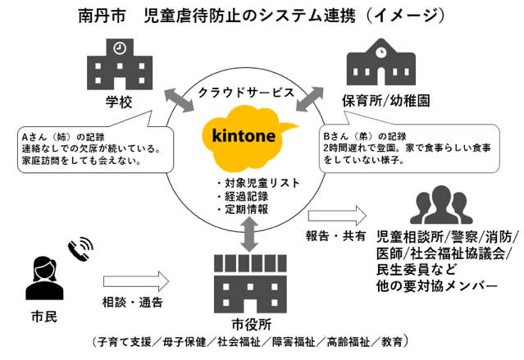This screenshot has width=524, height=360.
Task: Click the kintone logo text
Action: (x=244, y=135)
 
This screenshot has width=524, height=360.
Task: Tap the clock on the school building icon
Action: (x=120, y=48)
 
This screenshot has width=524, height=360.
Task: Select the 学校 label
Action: (x=119, y=102)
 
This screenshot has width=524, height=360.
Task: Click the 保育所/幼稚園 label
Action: (x=385, y=101)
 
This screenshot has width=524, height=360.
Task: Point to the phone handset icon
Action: (x=80, y=248)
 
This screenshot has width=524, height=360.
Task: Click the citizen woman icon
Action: (x=44, y=278)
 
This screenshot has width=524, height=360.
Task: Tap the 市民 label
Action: (x=44, y=317)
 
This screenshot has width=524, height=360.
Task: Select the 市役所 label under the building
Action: (x=251, y=324)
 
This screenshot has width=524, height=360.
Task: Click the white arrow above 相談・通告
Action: (x=135, y=281)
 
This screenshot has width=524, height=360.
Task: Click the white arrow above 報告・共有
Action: (x=337, y=216)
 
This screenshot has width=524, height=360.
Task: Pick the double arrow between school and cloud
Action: (x=179, y=99)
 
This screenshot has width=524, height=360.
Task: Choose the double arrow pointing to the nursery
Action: (x=310, y=99)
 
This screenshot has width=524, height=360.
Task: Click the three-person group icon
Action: (x=441, y=204)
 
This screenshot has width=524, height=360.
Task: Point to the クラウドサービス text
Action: (x=246, y=93)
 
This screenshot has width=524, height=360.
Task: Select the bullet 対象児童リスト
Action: (x=258, y=183)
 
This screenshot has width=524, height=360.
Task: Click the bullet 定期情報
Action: (x=242, y=209)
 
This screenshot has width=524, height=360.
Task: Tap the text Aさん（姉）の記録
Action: (x=63, y=137)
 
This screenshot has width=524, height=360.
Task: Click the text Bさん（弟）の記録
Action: (x=365, y=136)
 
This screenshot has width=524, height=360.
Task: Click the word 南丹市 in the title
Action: (x=102, y=16)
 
